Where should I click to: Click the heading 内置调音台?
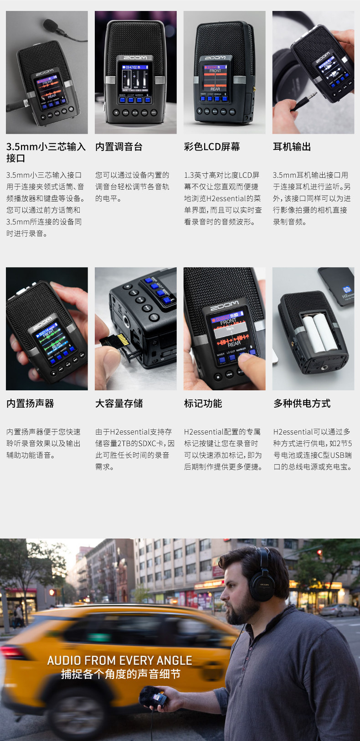click(x=119, y=147)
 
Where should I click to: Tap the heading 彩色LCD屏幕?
click(x=212, y=147)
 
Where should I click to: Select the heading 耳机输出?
click(x=292, y=147)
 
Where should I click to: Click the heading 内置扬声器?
click(x=30, y=404)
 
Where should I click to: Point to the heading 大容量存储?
click(x=119, y=404)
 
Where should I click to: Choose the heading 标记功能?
click(x=203, y=404)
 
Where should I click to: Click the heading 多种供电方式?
click(x=302, y=404)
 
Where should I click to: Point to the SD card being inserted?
click(x=116, y=340)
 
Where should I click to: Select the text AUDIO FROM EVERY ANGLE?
click(x=119, y=661)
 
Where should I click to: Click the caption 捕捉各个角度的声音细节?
click(x=121, y=674)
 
